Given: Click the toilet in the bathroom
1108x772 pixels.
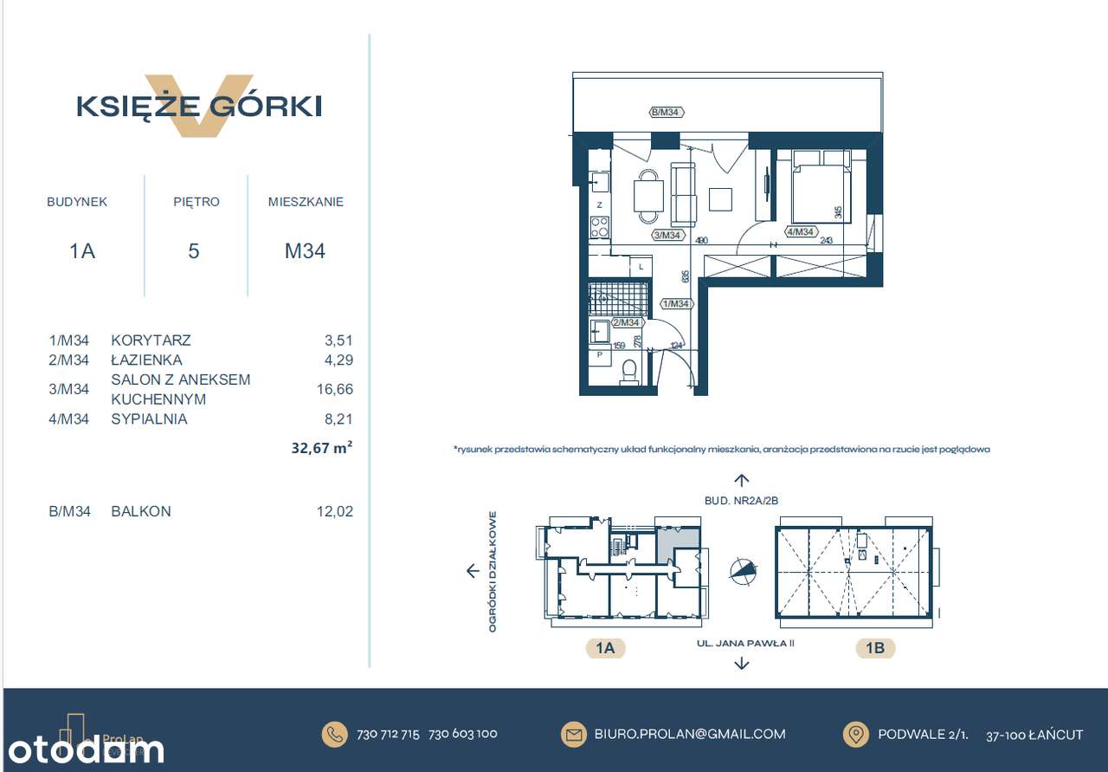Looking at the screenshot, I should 629,372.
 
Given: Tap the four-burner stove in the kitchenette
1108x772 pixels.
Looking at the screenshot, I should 599,228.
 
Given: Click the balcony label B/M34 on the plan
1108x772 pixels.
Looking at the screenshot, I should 667,112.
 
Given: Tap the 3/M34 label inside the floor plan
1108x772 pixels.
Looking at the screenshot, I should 667,235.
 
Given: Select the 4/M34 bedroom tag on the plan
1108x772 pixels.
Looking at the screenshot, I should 799,231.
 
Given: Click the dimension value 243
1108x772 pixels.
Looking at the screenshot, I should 826,241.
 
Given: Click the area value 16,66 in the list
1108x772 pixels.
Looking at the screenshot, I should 335,390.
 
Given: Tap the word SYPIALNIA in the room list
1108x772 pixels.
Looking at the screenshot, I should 149,419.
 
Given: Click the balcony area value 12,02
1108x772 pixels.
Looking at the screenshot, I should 335,511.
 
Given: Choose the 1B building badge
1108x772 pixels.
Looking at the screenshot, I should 874,647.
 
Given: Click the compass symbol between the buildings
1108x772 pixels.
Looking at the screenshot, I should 742,570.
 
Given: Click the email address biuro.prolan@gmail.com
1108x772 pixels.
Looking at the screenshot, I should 690,734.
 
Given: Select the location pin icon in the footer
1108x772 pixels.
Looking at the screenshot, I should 855,734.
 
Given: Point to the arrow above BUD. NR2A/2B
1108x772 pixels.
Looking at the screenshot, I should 741,480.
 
